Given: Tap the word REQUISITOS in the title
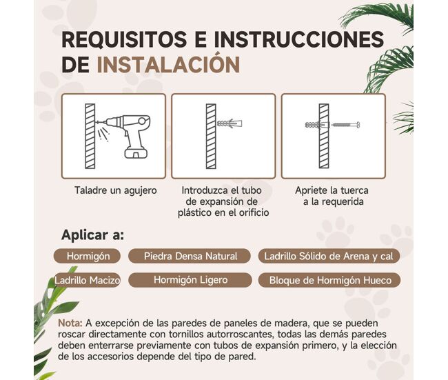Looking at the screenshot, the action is tap(124, 39).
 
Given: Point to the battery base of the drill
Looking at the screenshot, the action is tap(136, 153).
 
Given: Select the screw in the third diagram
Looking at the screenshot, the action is tap(345, 125).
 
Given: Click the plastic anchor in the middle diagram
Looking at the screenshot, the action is tap(230, 123).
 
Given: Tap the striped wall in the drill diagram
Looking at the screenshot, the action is tap(90, 136).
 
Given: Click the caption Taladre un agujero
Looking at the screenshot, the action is tap(115, 190).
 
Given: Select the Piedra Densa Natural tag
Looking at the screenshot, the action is tap(190, 256).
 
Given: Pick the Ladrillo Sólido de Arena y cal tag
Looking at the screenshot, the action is tap(329, 256).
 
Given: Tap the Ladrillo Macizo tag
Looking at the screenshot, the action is tap(87, 280).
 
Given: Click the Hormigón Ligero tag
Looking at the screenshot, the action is tap(190, 280).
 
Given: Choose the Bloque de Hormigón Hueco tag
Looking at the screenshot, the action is tap(329, 280).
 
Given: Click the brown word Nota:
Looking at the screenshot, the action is tap(70, 323).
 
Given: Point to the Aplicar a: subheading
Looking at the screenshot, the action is tap(93, 235).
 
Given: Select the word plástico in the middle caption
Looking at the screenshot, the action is tap(194, 212).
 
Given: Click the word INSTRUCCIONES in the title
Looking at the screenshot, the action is tap(299, 39).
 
